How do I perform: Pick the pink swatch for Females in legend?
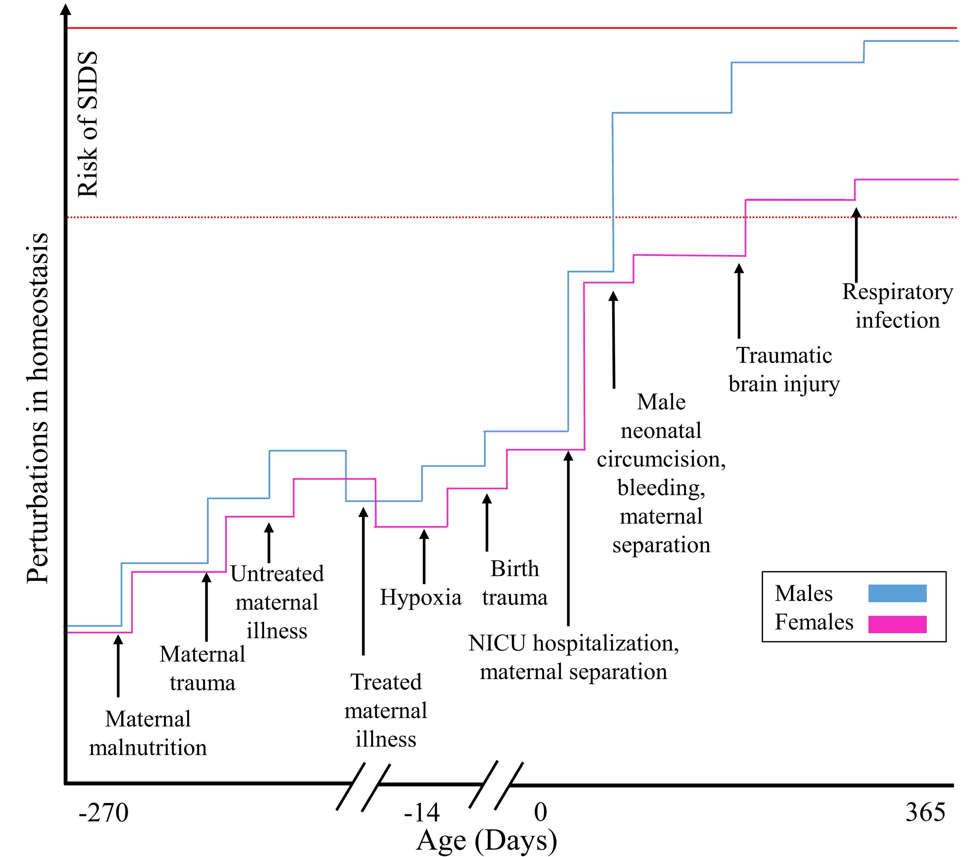(897, 624)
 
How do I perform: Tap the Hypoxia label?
(421, 598)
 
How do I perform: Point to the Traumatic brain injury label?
(784, 370)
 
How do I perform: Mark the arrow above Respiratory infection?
(856, 245)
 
